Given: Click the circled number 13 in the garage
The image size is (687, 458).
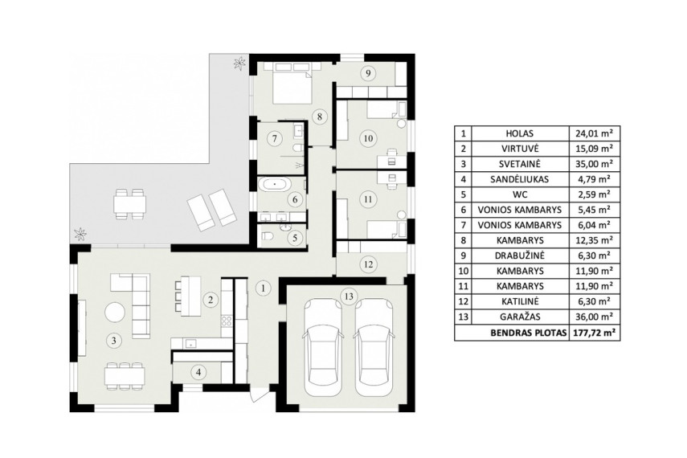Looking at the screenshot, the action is click(x=349, y=296).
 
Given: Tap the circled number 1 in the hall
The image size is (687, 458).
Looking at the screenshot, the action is click(x=263, y=288).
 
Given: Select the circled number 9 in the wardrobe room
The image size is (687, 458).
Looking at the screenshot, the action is click(x=368, y=73).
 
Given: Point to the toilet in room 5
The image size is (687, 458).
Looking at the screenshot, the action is click(x=268, y=237).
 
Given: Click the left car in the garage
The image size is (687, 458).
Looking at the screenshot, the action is click(x=322, y=348).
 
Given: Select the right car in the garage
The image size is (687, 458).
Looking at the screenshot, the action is click(x=374, y=348).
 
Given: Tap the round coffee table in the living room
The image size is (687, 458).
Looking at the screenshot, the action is click(x=115, y=313).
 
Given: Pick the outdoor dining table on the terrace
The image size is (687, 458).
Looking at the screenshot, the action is click(x=129, y=204).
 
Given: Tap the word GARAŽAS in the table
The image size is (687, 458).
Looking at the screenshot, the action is click(x=519, y=317).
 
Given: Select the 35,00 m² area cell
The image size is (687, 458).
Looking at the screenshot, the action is click(x=594, y=164).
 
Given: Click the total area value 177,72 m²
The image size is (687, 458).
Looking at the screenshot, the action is click(x=594, y=333).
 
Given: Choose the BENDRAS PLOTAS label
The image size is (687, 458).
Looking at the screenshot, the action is click(x=528, y=333).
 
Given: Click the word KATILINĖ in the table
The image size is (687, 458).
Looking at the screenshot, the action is click(x=519, y=301).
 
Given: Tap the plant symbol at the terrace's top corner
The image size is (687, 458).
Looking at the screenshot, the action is click(x=239, y=63).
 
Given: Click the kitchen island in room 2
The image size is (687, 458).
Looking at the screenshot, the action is click(x=190, y=296).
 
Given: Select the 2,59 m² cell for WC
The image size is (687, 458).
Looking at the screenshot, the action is click(x=594, y=194).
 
